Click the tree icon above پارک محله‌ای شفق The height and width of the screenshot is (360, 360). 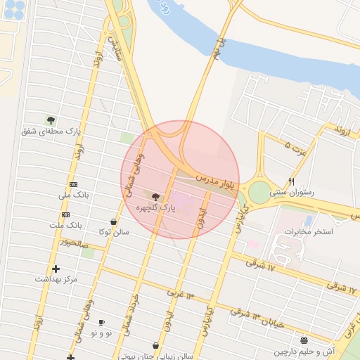51,120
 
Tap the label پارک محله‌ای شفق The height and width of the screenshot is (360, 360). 51,131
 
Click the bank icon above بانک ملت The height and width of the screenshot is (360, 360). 66,214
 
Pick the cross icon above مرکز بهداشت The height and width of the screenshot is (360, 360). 56,269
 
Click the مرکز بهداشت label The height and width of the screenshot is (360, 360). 56,279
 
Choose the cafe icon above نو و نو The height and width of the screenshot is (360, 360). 101,322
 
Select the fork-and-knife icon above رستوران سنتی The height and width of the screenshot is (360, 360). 292,181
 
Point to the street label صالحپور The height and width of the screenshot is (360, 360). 74,243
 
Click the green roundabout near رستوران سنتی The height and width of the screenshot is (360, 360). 260,191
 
